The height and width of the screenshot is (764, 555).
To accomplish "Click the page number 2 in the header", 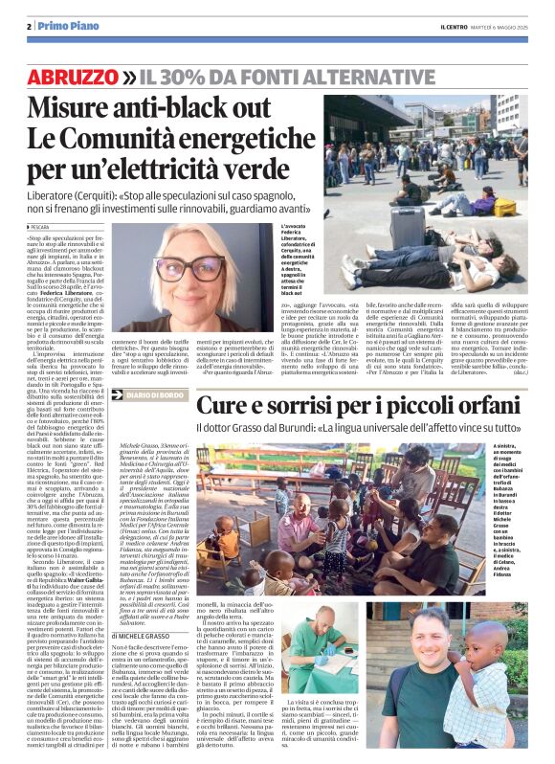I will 29,26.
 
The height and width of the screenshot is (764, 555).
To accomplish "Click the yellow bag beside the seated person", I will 504,207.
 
